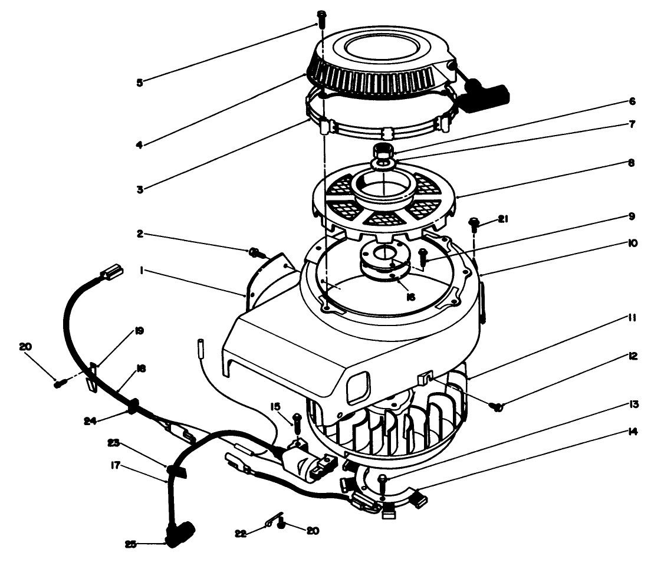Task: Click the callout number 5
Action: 139,82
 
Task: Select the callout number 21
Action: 502,219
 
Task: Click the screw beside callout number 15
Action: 297,420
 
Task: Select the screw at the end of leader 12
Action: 497,405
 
